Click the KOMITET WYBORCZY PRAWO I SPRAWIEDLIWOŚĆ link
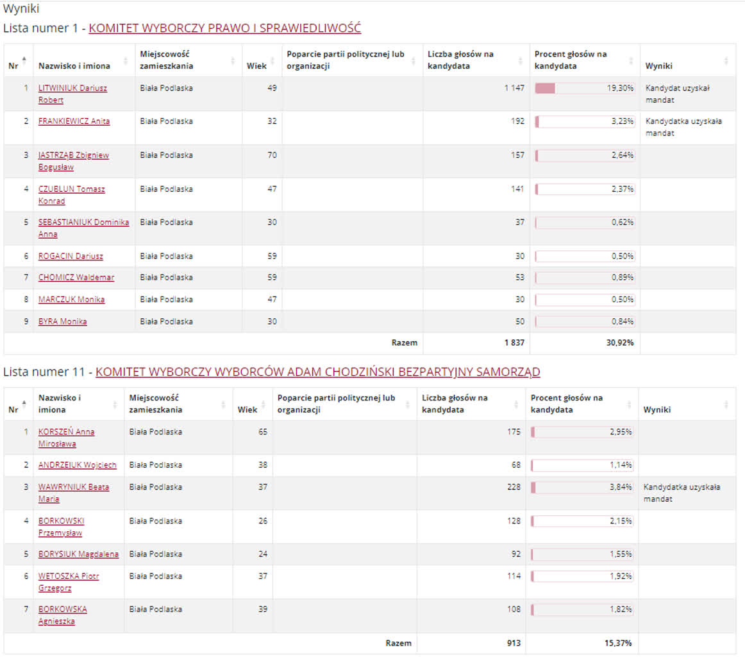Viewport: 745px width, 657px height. [224, 28]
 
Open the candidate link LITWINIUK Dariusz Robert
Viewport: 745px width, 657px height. [72, 94]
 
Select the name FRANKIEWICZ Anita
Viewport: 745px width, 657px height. [74, 121]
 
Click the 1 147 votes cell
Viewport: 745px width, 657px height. [514, 88]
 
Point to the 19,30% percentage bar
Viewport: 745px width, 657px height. [584, 89]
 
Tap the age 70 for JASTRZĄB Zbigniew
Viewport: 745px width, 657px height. [271, 155]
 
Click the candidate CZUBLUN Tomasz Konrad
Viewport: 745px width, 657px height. [71, 194]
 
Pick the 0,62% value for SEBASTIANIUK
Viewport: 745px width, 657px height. [621, 223]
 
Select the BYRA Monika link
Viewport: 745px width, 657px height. [62, 321]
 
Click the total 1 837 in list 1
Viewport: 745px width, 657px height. [514, 343]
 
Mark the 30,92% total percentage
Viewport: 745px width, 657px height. [620, 343]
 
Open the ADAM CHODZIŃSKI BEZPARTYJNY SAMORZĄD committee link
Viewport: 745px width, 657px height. [317, 371]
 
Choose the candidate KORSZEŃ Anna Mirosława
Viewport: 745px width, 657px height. [66, 437]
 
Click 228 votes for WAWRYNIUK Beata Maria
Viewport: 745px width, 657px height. [514, 487]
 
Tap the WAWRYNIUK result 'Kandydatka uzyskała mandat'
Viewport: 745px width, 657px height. [682, 493]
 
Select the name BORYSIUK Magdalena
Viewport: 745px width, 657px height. [78, 554]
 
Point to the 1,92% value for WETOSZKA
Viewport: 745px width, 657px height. [619, 576]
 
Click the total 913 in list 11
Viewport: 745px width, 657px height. [513, 643]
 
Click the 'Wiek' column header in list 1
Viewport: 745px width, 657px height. [256, 65]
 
